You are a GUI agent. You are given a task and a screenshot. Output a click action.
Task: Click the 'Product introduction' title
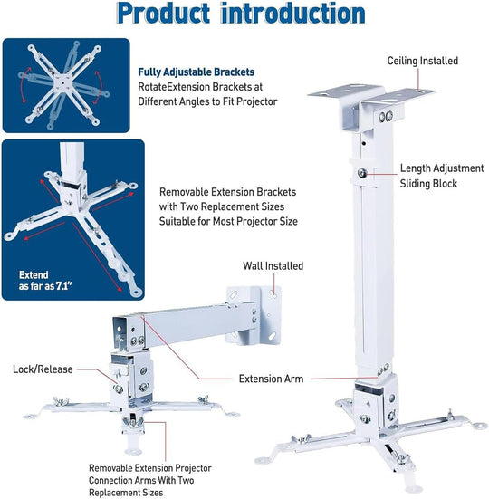[242, 14]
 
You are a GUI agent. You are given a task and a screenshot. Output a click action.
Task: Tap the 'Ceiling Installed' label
[422, 61]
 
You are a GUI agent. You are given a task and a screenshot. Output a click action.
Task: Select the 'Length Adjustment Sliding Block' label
[441, 176]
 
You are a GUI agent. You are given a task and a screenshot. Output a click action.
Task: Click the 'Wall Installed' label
[273, 266]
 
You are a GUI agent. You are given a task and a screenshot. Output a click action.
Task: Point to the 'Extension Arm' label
[272, 379]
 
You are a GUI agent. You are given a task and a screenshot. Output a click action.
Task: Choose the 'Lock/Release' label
[43, 369]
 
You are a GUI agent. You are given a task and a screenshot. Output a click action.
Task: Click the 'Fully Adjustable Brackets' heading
[196, 72]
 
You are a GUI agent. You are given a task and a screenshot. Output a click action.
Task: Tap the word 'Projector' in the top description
[255, 101]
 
